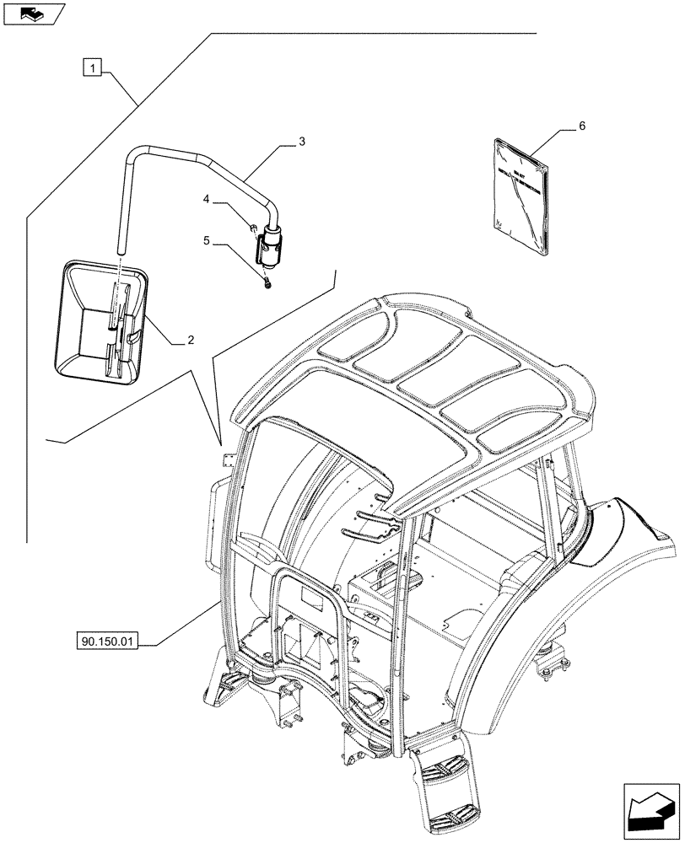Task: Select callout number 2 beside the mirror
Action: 191,340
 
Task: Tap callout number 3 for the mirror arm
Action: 301,142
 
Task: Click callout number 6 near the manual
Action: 581,126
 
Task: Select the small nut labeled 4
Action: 253,227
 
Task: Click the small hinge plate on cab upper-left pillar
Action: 224,459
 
